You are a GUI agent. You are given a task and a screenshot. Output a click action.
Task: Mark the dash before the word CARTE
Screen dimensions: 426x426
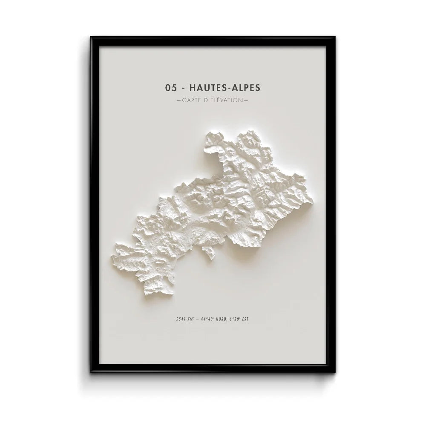click(178, 101)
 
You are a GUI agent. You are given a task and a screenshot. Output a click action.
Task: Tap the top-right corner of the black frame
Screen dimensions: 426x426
click(335, 37)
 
